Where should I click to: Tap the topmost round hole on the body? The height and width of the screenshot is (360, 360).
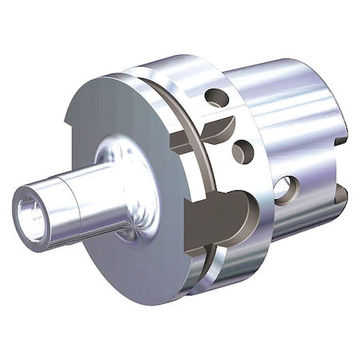tap(215, 98)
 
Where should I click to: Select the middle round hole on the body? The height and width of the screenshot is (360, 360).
tap(242, 151)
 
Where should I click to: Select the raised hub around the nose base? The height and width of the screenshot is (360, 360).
tap(120, 156)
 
